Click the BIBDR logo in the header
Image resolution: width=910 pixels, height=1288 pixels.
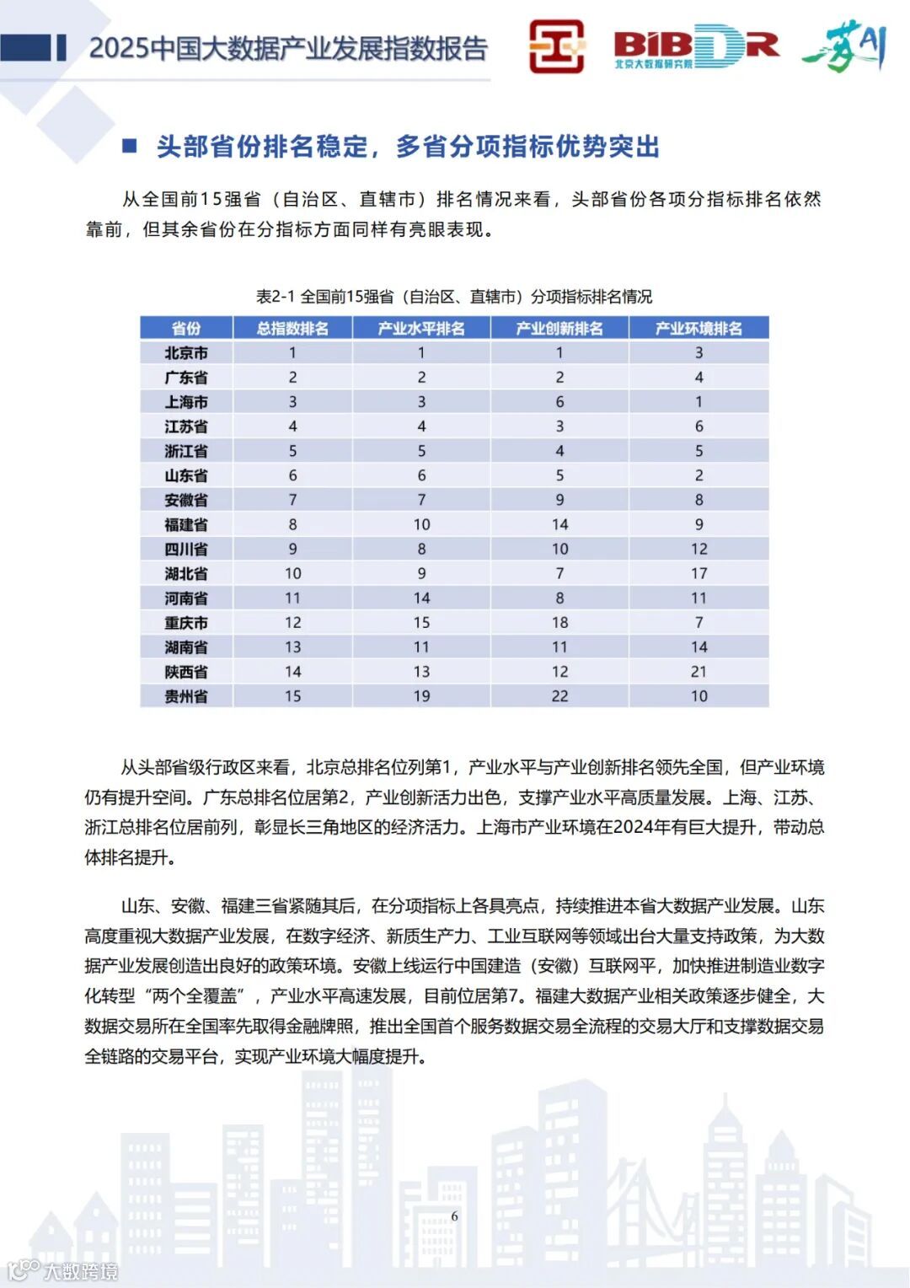click(696, 47)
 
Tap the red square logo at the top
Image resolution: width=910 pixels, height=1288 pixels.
click(556, 46)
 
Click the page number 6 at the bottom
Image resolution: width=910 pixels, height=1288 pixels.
click(455, 1216)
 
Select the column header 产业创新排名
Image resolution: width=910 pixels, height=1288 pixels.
click(559, 328)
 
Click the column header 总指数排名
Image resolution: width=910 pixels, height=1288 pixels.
click(292, 328)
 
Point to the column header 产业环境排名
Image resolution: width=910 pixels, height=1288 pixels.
click(699, 328)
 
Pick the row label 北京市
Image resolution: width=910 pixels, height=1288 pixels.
click(186, 352)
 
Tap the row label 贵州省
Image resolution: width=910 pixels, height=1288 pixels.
click(186, 695)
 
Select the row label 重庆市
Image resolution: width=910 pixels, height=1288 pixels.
click(186, 622)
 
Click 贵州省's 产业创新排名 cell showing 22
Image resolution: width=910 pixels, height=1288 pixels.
click(559, 695)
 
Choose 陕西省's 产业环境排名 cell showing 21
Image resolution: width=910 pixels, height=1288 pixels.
click(699, 671)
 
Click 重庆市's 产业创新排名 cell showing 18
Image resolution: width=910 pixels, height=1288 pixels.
click(559, 622)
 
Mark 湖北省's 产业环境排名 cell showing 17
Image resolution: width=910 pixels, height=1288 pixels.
click(699, 573)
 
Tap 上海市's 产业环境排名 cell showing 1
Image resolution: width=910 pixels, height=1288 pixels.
click(699, 401)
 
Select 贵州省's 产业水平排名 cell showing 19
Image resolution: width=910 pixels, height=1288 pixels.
click(421, 695)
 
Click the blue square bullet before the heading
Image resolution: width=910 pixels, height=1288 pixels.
click(130, 146)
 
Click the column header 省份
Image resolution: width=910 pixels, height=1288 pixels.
click(186, 328)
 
